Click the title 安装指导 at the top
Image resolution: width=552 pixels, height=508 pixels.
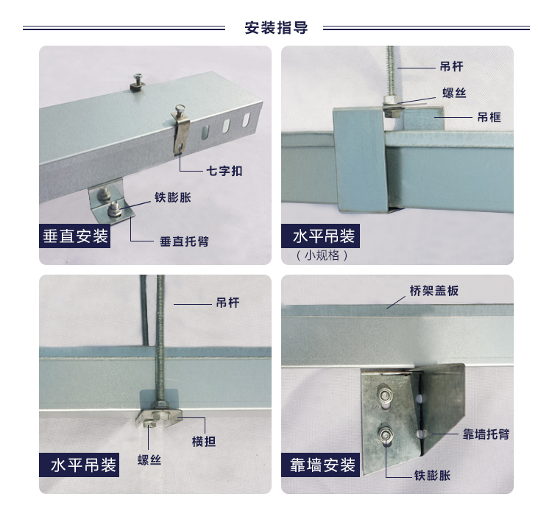276,27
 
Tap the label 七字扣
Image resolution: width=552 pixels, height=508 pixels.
224,171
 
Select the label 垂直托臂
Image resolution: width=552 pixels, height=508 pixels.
184,241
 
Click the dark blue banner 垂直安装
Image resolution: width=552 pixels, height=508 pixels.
74,236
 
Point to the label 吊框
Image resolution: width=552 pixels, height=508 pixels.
489,117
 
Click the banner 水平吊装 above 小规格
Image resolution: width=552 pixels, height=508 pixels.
321,236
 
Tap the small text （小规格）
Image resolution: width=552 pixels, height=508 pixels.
322,255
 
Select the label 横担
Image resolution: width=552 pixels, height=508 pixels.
203,442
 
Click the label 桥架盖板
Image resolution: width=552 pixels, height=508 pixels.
434,291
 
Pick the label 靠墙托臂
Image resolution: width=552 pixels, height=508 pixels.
486,434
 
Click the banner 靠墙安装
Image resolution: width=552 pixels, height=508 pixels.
321,465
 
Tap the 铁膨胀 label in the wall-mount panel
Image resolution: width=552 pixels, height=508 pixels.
432,476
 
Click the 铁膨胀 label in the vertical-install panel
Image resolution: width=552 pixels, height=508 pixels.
173,197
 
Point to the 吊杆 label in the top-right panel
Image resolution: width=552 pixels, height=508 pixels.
452,66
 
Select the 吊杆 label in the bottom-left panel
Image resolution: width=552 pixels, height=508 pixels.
227,303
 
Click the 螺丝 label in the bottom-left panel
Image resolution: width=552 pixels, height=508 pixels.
149,459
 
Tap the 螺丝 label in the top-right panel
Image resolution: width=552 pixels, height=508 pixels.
455,93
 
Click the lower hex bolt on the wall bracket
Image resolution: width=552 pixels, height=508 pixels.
386,434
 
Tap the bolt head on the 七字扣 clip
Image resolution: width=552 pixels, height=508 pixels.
180,109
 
